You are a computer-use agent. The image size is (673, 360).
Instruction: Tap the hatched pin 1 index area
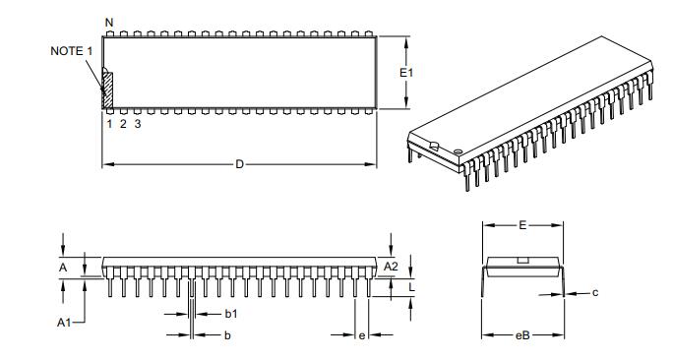click(108, 90)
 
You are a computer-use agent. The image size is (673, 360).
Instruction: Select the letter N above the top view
click(108, 22)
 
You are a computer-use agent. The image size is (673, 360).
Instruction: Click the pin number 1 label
click(108, 124)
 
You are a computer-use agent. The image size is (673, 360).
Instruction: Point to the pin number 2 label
click(123, 124)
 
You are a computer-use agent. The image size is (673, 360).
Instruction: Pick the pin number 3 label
click(138, 124)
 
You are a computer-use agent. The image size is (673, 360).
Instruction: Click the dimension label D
click(239, 164)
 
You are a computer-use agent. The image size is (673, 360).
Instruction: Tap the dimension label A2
click(390, 267)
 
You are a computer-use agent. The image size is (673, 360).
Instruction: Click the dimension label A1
click(64, 322)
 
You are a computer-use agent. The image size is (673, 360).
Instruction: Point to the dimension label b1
click(231, 314)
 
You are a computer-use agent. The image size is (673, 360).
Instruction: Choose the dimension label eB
click(523, 336)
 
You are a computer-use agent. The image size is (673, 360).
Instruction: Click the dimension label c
click(596, 292)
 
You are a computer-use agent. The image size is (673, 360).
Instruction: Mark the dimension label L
click(410, 286)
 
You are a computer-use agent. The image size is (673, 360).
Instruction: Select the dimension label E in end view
click(522, 225)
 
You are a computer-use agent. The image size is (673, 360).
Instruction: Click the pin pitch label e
click(362, 336)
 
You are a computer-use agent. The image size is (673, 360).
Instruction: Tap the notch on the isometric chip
click(432, 148)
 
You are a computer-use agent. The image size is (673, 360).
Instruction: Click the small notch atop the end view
click(523, 260)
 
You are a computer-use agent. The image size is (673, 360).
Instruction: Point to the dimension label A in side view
click(64, 267)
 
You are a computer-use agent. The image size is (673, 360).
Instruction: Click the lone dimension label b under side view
click(227, 336)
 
